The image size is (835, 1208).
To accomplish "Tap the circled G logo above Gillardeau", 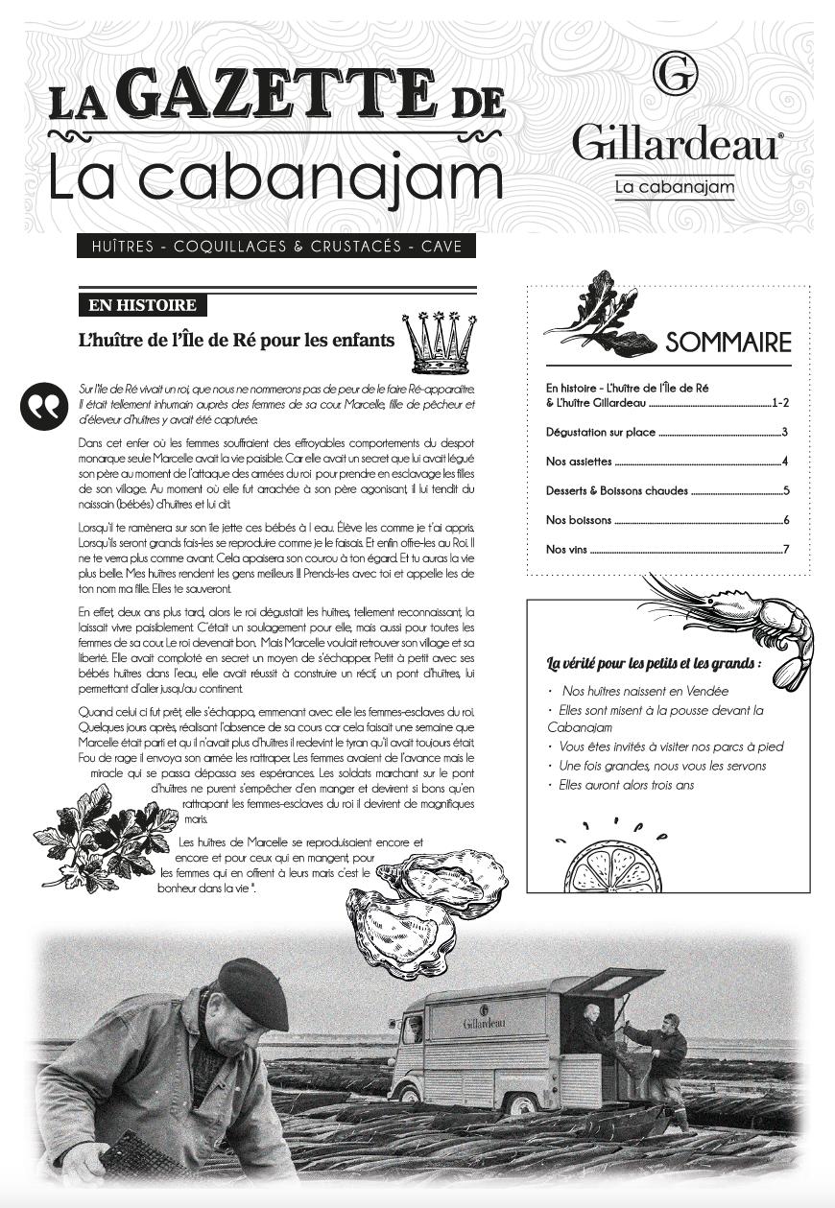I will coord(675,75).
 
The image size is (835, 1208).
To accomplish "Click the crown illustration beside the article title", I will coord(440,342).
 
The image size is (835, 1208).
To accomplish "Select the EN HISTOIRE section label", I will coord(142,306).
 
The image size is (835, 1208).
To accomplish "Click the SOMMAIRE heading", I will coord(728,343).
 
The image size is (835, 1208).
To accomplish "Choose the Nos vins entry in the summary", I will coord(567,550).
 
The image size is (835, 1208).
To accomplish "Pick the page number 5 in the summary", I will coord(785,491).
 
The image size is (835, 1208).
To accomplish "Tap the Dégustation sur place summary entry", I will coord(601,433).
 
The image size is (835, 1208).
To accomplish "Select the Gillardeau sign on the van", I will coord(485,1023).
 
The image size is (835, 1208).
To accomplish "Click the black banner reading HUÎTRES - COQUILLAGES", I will coord(276,247).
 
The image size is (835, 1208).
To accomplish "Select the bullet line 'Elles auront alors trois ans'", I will coord(627,785).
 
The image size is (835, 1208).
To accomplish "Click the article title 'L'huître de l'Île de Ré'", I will coord(236,340).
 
